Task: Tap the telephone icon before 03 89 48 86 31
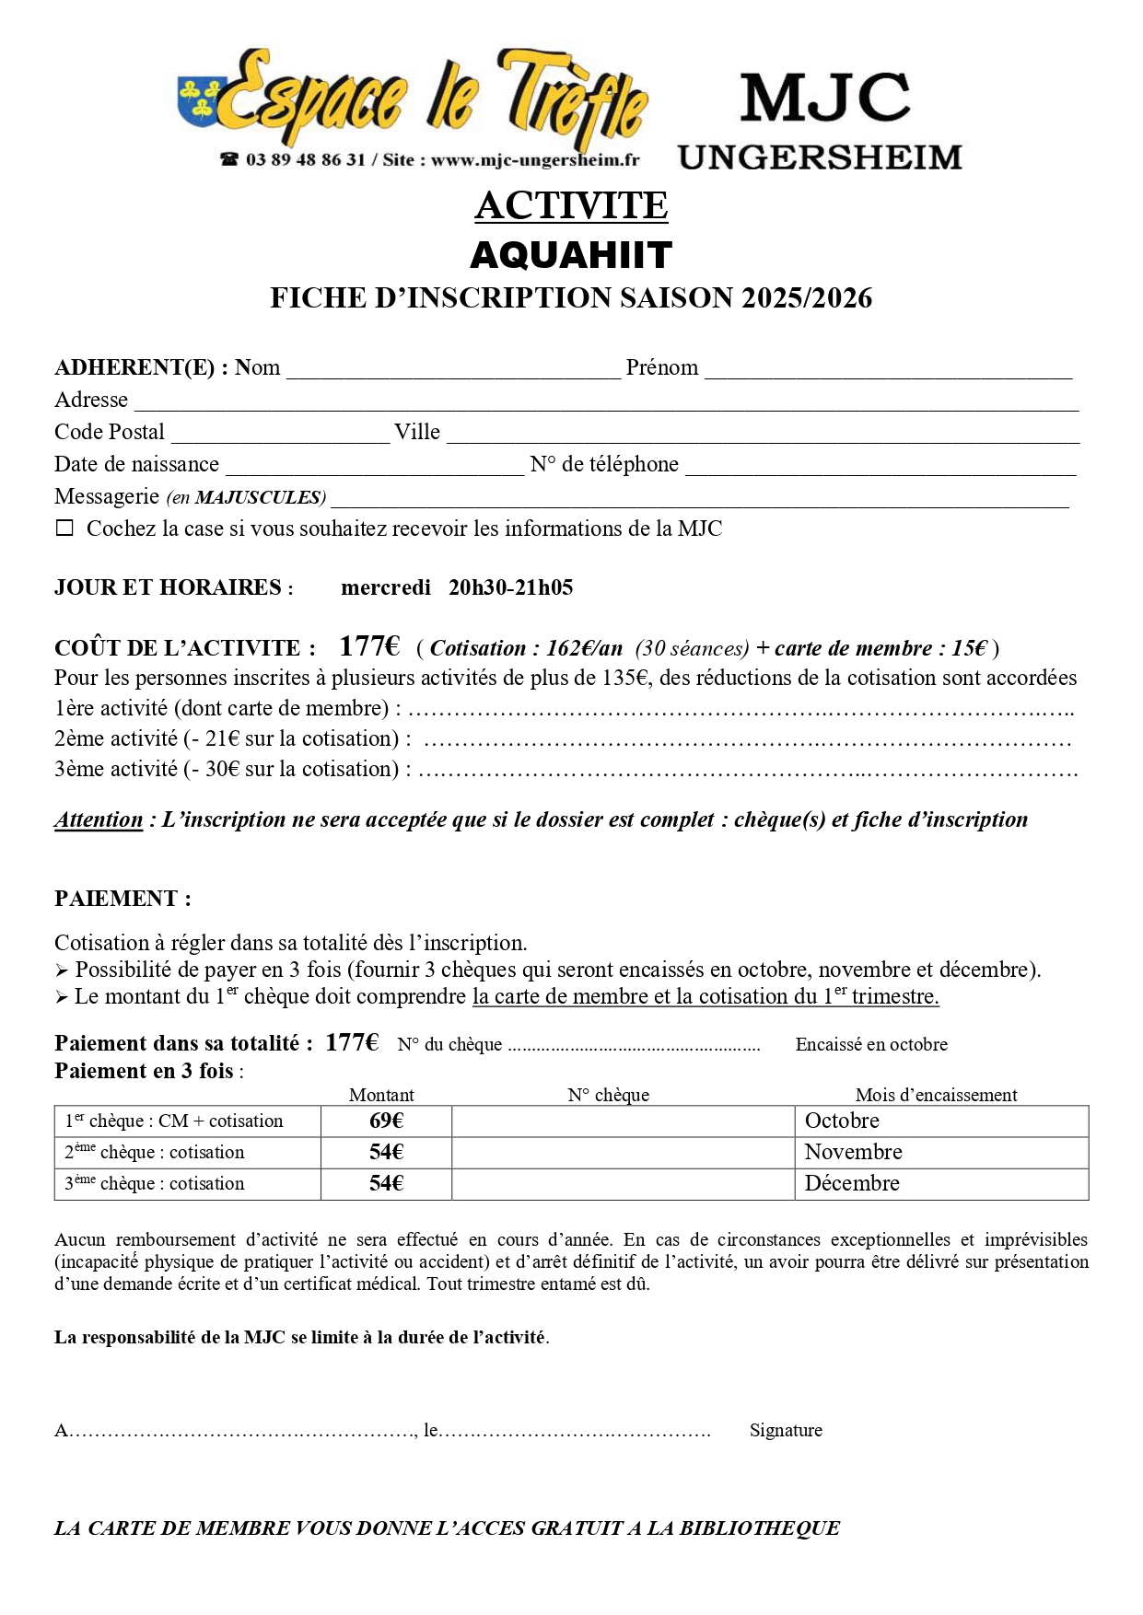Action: tap(229, 159)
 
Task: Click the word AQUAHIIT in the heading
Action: tap(571, 255)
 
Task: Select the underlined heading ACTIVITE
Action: tap(571, 205)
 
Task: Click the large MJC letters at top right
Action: tap(824, 98)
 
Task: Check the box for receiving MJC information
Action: tap(64, 529)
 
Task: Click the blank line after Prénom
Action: tap(888, 370)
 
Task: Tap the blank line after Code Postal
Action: tap(280, 435)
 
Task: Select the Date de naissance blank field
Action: tap(374, 467)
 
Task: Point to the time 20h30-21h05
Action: tap(510, 587)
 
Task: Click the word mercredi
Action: tap(386, 587)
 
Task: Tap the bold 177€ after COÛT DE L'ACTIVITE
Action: tap(369, 646)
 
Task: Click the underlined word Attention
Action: tap(99, 819)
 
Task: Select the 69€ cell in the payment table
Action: tap(386, 1121)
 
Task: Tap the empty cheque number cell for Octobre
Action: tap(623, 1121)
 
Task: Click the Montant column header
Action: tap(381, 1095)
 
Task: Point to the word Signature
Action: tap(786, 1430)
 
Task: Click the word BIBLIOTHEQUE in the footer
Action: tap(760, 1528)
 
